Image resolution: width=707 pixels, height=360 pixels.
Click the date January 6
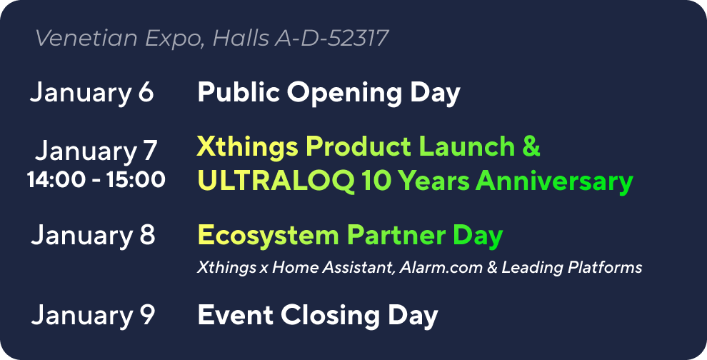click(92, 93)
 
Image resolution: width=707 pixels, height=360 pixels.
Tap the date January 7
click(96, 151)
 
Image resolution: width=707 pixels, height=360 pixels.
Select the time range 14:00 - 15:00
click(96, 179)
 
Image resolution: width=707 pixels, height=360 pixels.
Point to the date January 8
click(93, 236)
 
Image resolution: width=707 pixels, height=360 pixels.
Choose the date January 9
click(93, 315)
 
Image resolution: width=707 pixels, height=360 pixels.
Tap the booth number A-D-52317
click(331, 38)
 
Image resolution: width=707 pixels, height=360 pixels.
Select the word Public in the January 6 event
click(239, 92)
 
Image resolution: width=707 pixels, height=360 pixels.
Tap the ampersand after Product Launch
click(532, 146)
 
